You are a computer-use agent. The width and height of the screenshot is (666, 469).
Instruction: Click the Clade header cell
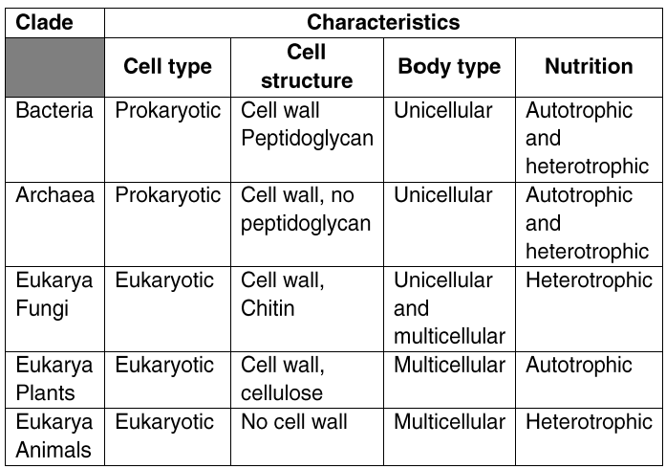click(x=44, y=22)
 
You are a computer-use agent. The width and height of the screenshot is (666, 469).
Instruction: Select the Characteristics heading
click(x=383, y=22)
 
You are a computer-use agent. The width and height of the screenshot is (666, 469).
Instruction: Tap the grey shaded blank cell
click(x=54, y=67)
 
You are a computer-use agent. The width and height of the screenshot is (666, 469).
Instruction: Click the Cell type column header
click(x=167, y=66)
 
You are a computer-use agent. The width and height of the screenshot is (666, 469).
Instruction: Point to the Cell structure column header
click(x=307, y=66)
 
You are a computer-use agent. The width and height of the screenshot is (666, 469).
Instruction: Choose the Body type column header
click(x=449, y=66)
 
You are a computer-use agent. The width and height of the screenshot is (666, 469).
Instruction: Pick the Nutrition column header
click(x=589, y=66)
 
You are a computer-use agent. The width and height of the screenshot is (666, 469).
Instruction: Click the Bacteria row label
click(x=54, y=111)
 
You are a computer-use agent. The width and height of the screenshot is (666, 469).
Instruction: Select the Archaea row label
click(x=54, y=195)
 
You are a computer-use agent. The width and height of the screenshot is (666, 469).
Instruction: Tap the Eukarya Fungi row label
click(x=54, y=294)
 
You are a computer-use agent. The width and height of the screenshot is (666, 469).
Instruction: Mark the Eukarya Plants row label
click(x=54, y=379)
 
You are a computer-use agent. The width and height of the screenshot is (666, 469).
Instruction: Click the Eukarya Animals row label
click(x=54, y=435)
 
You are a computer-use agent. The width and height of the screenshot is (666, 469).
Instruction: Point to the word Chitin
click(x=268, y=308)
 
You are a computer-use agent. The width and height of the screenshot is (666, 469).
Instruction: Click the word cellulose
click(x=282, y=392)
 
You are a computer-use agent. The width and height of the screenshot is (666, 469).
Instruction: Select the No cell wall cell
click(x=294, y=422)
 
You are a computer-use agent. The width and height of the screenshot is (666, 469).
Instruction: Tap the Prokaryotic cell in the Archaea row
click(x=168, y=195)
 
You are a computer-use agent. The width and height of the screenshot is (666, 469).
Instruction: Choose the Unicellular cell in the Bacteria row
click(x=443, y=111)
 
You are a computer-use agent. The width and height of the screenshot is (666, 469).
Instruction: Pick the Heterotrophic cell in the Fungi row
click(x=589, y=280)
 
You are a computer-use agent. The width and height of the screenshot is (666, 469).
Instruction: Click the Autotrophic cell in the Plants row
click(x=579, y=365)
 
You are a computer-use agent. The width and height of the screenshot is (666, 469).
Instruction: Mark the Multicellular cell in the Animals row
click(x=449, y=422)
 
